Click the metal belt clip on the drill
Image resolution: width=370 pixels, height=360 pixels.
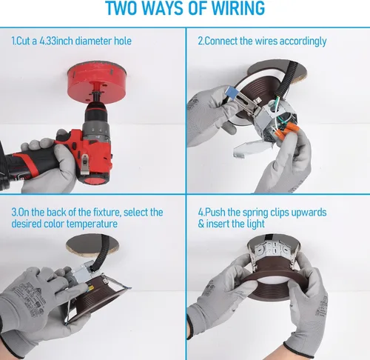click(x=85, y=164)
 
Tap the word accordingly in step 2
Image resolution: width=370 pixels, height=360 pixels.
click(x=303, y=41)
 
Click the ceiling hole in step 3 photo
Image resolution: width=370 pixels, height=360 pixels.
click(x=92, y=246)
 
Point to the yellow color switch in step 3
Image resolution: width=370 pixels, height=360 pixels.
click(x=90, y=288)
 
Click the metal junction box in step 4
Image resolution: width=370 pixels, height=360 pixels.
click(x=274, y=249)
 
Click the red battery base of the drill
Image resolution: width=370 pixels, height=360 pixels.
click(x=95, y=178)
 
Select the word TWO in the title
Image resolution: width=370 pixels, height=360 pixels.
click(x=122, y=9)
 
